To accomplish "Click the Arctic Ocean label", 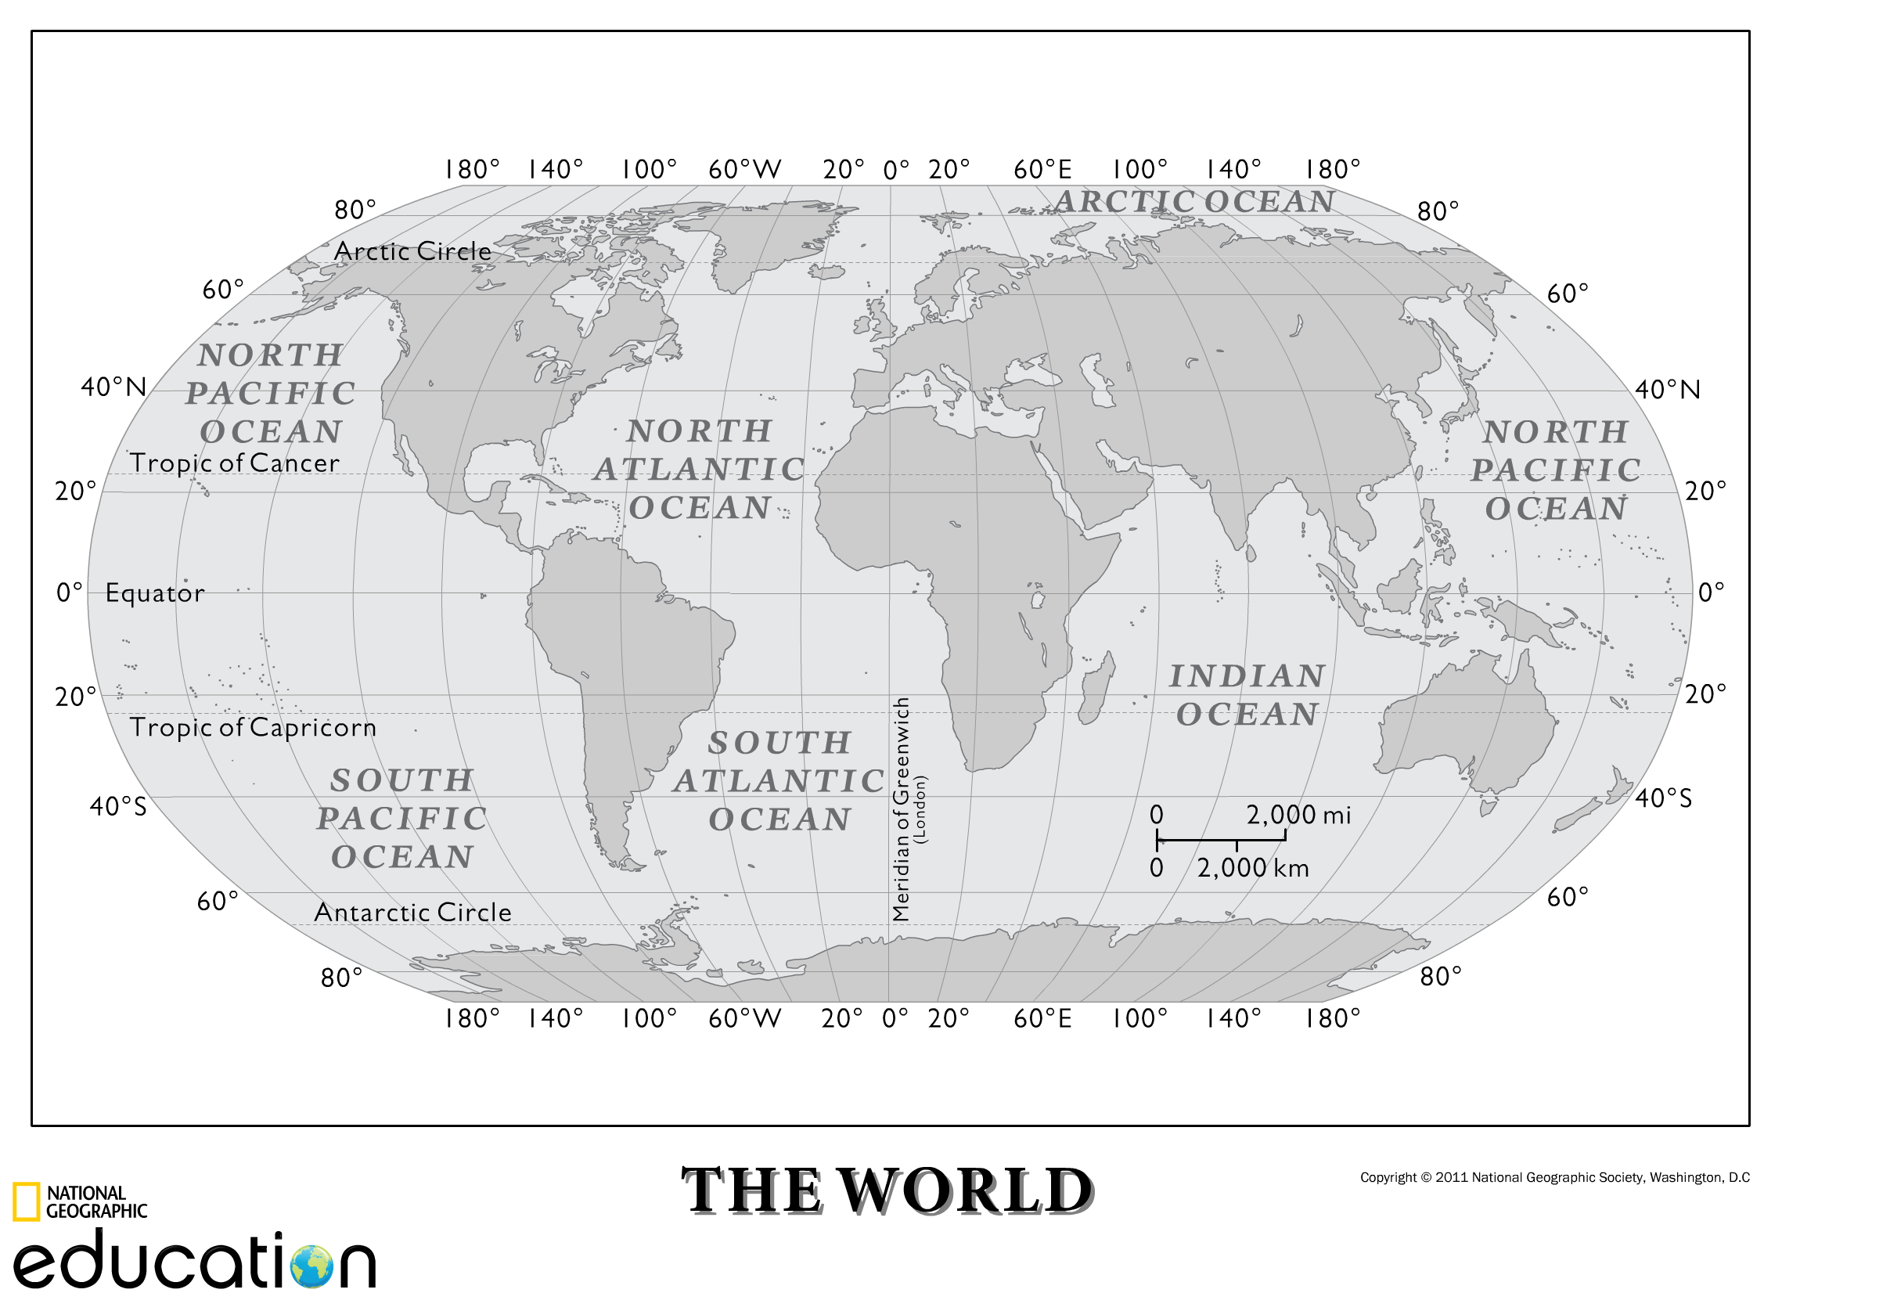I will coord(1194,202).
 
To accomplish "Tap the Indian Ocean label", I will coord(1247,695).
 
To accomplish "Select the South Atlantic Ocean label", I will coord(779,781).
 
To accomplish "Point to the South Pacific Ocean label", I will coord(401,818).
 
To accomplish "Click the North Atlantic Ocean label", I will coord(699,469).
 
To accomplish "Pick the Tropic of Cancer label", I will coord(234,463).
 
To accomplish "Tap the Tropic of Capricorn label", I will coord(253,728).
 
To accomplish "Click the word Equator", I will coord(154,593).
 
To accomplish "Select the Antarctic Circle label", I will coord(412,913).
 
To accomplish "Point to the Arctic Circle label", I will coord(412,251).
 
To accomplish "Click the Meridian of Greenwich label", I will coord(901,809).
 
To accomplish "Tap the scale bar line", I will coord(1221,840).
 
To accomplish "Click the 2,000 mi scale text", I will coord(1298,815).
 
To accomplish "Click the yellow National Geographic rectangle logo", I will coord(26,1201).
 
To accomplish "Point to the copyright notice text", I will coord(1554,1177).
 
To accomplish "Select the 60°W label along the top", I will coord(744,170).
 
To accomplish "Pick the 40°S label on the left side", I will coord(117,806).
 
